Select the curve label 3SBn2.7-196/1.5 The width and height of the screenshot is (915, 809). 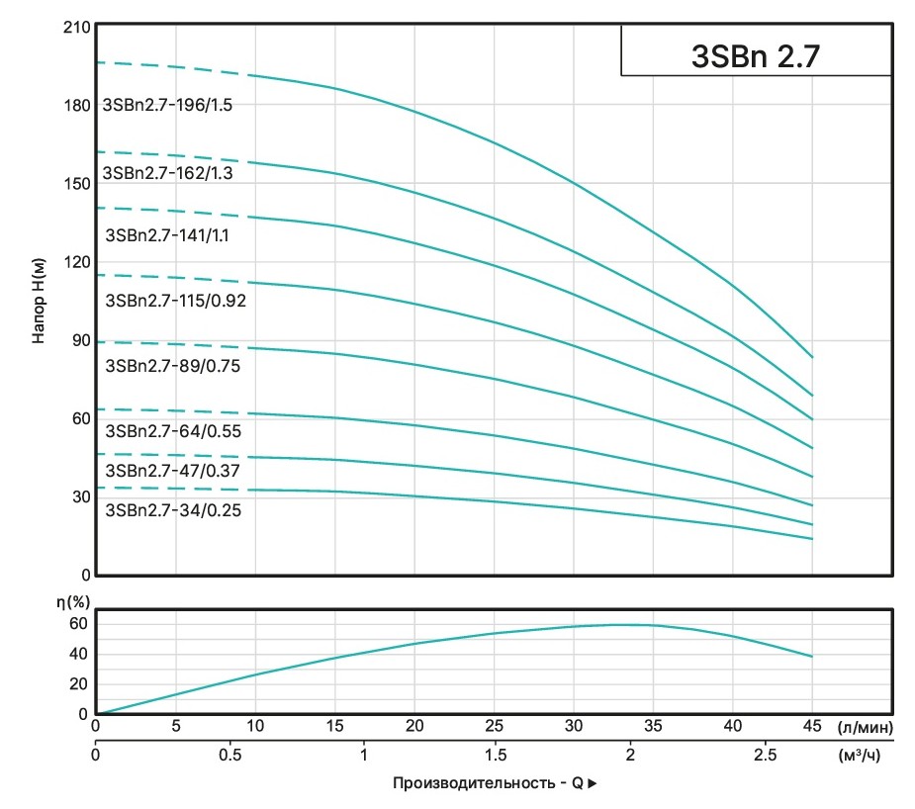[x=167, y=105]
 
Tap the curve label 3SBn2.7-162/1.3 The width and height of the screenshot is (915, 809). [x=168, y=173]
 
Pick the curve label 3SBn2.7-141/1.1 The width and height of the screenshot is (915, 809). [x=167, y=236]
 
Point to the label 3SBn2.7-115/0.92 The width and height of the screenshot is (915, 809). [x=175, y=301]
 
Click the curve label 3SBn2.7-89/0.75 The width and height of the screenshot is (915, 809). [x=173, y=366]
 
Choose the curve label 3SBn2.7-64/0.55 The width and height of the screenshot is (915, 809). [x=173, y=431]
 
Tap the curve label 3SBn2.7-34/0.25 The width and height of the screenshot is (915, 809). [x=173, y=510]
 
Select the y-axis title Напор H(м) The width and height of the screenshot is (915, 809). [x=39, y=301]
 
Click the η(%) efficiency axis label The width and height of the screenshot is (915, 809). [x=71, y=600]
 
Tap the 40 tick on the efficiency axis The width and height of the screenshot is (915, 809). [x=79, y=654]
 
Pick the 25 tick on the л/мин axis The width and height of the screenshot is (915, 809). [x=493, y=727]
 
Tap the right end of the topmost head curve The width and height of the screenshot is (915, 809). [x=812, y=357]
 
